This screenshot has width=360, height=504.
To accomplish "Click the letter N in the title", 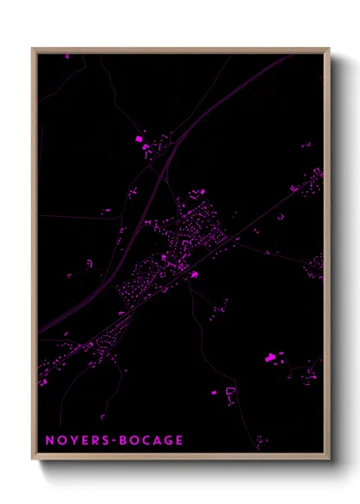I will (51, 441).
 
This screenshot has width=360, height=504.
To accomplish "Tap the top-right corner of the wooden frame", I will (329, 49).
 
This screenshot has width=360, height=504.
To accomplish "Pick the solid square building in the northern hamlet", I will (138, 138).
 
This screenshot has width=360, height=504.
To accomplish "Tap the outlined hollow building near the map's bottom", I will (230, 394).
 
